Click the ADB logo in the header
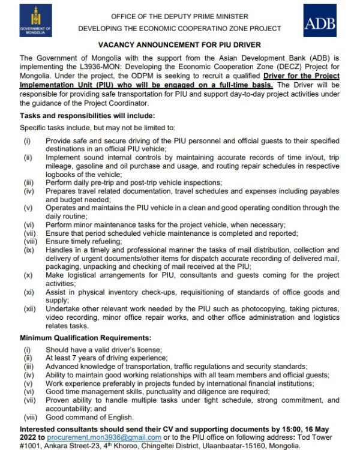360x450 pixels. click(x=320, y=23)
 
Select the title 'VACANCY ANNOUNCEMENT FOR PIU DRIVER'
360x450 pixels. click(x=180, y=45)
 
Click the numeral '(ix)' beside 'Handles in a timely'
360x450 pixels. click(x=29, y=250)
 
